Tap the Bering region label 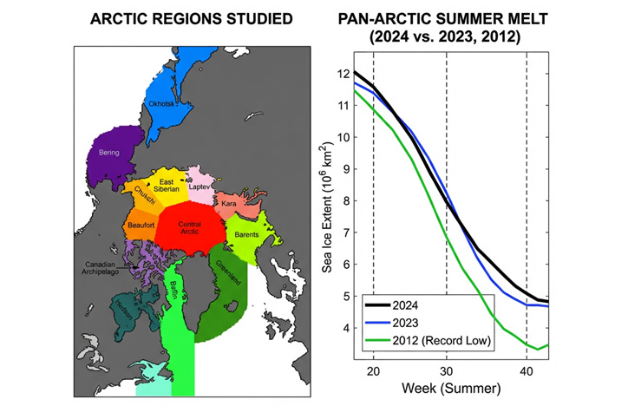[109, 152]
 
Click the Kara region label [229, 203]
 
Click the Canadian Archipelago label [104, 268]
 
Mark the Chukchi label [144, 195]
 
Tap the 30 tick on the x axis [446, 369]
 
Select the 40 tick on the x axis [527, 369]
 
